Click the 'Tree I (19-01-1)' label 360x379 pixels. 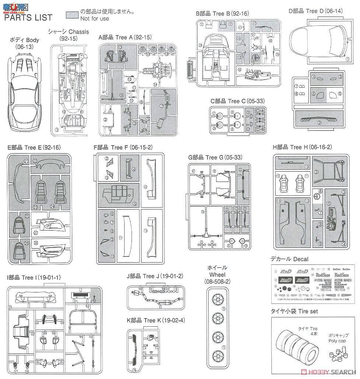tap(34, 277)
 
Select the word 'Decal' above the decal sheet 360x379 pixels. tap(301, 259)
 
